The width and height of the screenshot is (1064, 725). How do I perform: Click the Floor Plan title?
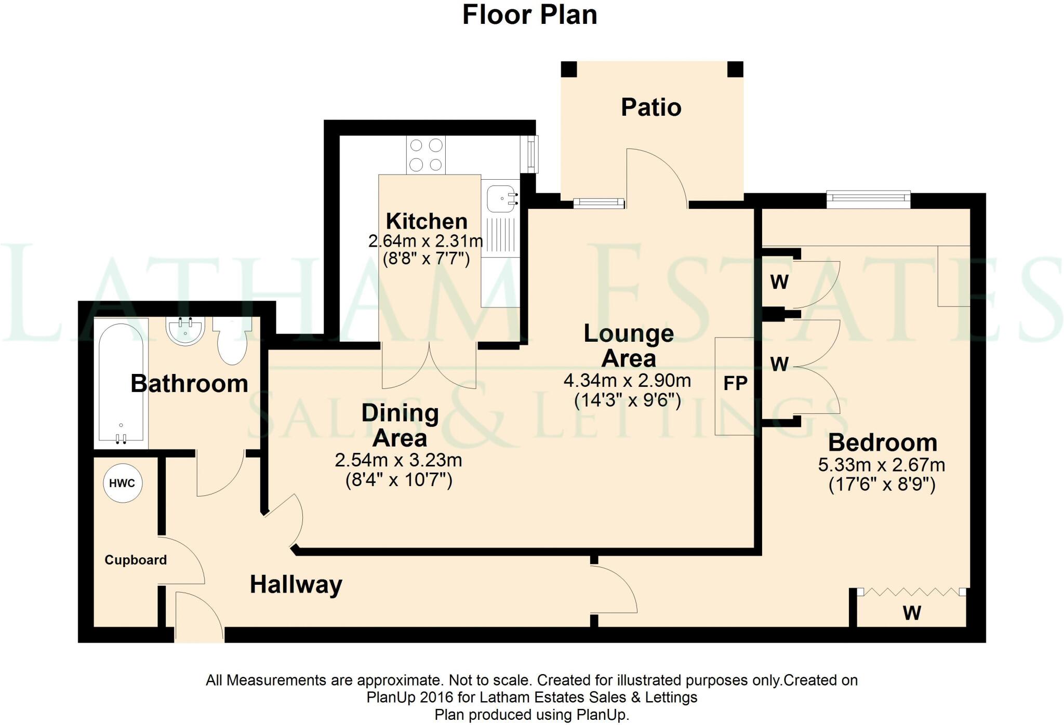[x=529, y=15]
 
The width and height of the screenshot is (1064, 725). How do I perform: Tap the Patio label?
[x=651, y=108]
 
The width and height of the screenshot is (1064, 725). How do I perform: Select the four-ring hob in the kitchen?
[x=425, y=155]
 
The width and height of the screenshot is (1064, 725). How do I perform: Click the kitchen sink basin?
[x=501, y=198]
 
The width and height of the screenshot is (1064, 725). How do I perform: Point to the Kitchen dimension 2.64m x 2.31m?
[x=425, y=241]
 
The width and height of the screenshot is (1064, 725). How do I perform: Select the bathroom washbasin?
[x=185, y=331]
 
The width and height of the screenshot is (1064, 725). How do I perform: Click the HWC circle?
[x=123, y=483]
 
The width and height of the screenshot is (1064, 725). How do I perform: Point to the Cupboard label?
[x=136, y=560]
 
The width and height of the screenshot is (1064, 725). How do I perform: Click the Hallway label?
[x=296, y=585]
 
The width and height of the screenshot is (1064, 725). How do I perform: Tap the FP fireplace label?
[x=735, y=384]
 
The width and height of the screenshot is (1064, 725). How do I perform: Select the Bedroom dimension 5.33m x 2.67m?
[x=882, y=465]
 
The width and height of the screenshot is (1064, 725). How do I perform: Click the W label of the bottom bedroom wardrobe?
[x=912, y=613]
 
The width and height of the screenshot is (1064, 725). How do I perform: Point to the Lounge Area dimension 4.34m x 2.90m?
[x=627, y=381]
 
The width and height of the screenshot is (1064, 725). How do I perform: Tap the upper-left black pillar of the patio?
[x=569, y=69]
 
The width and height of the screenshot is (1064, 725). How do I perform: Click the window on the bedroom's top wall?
[x=868, y=197]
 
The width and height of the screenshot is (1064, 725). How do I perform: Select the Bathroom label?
[x=189, y=384]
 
